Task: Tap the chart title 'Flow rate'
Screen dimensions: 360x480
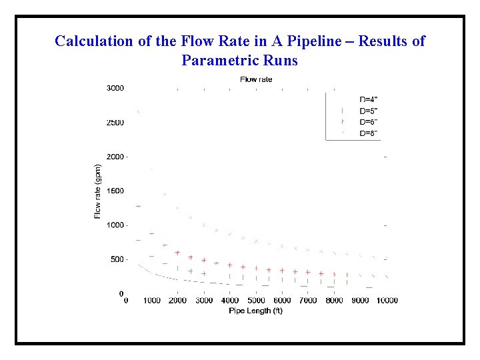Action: pyautogui.click(x=256, y=79)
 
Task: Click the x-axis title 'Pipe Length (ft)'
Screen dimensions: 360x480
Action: pyautogui.click(x=255, y=311)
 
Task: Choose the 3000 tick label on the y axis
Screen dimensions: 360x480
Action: pyautogui.click(x=115, y=88)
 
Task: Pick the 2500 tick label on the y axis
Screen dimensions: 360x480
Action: pyautogui.click(x=115, y=123)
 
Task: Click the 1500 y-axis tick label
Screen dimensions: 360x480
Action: pyautogui.click(x=115, y=191)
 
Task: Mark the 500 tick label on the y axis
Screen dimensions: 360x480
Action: pyautogui.click(x=117, y=259)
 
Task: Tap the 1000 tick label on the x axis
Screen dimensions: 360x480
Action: pyautogui.click(x=152, y=301)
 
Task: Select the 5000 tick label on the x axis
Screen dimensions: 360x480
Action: pyautogui.click(x=255, y=301)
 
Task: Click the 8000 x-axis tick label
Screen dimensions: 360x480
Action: pyautogui.click(x=334, y=301)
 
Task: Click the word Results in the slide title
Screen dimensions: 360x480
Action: pyautogui.click(x=384, y=41)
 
